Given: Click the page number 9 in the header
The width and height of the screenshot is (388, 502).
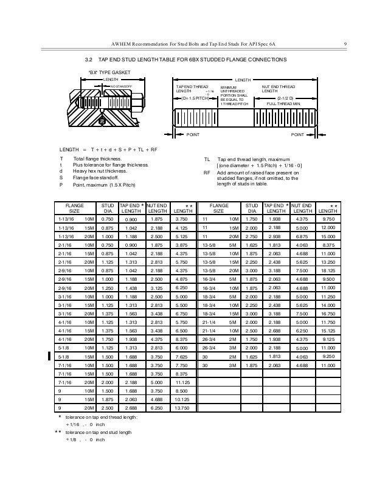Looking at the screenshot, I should tap(345, 43).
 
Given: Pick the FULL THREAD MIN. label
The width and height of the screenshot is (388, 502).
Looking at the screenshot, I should tap(285, 104).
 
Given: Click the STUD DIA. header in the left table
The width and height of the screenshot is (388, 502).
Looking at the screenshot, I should tap(107, 209).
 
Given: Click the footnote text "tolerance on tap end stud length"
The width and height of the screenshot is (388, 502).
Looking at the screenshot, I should tap(100, 431).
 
